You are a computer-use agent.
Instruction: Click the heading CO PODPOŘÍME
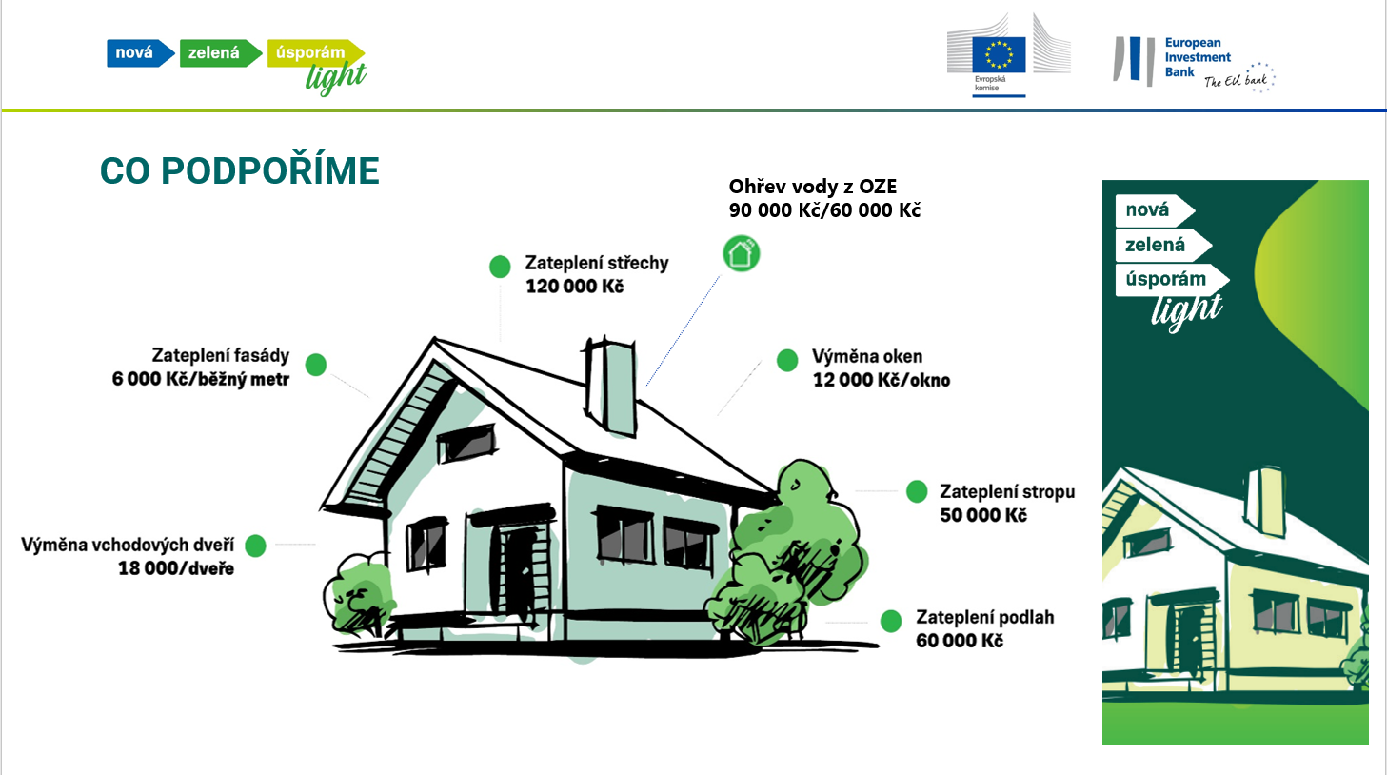(x=240, y=170)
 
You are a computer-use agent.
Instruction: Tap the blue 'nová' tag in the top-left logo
(x=140, y=52)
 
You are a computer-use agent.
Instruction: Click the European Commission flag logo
(x=999, y=55)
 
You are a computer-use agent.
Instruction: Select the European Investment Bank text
(x=1198, y=57)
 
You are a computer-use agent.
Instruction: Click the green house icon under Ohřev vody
(x=742, y=254)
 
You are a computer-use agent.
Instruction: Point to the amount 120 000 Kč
(x=575, y=287)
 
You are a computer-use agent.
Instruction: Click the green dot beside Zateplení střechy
(x=500, y=267)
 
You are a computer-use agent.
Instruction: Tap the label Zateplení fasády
(x=221, y=355)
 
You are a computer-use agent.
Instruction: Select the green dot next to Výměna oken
(x=787, y=360)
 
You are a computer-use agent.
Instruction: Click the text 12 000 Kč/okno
(x=882, y=380)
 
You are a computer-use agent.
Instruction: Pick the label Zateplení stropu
(x=1007, y=492)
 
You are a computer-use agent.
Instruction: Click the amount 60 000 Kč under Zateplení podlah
(x=960, y=641)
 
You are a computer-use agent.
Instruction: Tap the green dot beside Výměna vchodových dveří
(x=255, y=546)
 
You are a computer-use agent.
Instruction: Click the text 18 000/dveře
(x=176, y=568)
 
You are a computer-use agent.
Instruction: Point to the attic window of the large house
(x=466, y=443)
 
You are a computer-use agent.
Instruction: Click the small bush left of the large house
(x=358, y=595)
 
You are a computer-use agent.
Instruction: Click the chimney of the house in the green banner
(x=1266, y=501)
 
